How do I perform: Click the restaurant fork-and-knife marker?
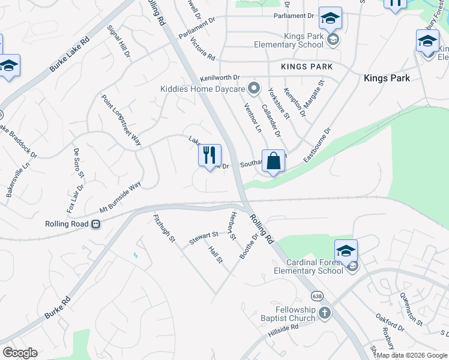click(209, 156)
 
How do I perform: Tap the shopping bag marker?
click(273, 161)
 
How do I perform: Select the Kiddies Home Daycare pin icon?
click(254, 89)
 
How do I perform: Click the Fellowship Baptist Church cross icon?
click(324, 313)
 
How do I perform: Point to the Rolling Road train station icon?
click(95, 224)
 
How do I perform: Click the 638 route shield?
click(316, 296)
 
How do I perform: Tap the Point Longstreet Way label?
click(121, 120)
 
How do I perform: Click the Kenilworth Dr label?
click(220, 78)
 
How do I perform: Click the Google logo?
click(20, 353)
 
